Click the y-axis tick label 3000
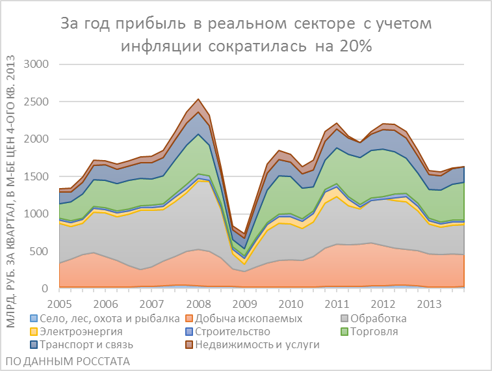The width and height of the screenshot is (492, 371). (36, 64)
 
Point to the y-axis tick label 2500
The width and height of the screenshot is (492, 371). (36, 102)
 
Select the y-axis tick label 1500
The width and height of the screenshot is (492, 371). (36, 176)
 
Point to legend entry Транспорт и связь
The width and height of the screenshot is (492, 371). (88, 344)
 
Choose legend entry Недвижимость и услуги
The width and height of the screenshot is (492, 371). (257, 344)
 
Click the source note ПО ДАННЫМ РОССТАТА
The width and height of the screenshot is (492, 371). (66, 361)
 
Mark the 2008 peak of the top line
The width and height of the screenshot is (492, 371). (198, 100)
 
